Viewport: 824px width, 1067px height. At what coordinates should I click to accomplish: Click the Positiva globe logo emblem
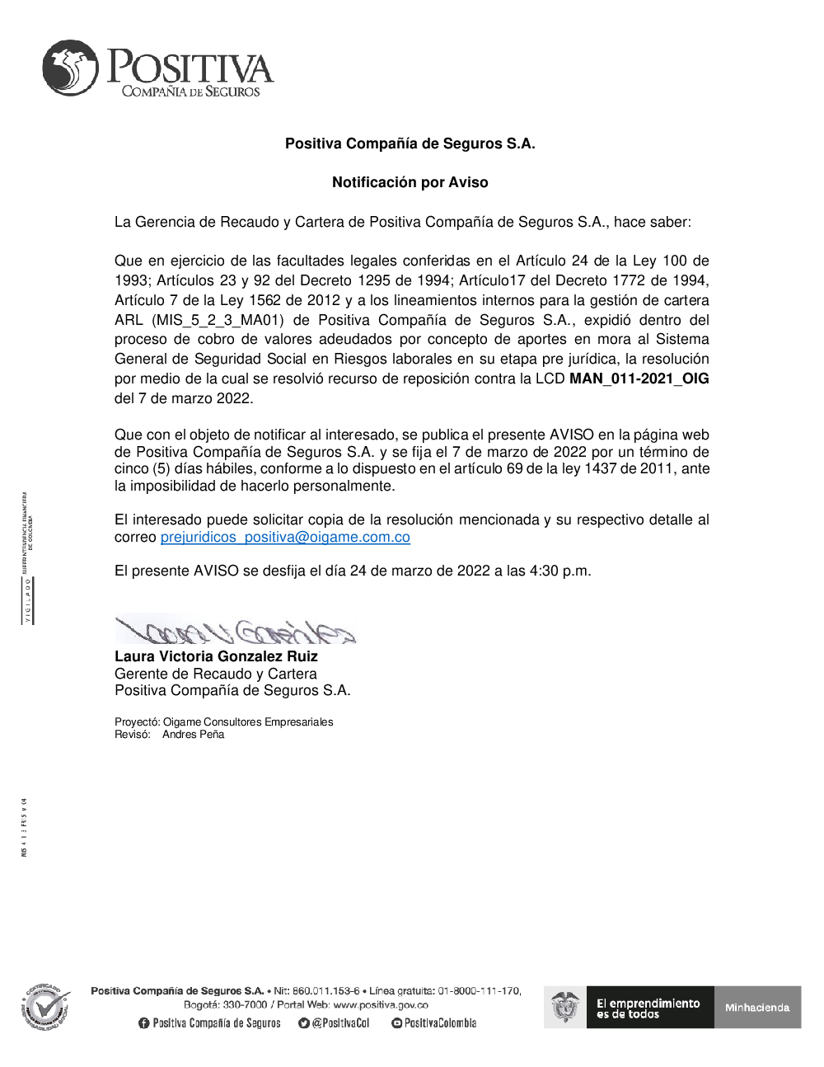70,68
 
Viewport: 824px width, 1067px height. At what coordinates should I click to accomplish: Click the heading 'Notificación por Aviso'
410,182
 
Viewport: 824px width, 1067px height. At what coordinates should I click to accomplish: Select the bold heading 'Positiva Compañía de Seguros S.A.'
410,143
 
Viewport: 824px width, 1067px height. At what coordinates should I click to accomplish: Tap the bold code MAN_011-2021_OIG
639,378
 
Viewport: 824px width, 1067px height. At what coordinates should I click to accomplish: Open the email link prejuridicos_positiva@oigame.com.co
285,537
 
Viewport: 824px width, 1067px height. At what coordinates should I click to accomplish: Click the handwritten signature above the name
235,631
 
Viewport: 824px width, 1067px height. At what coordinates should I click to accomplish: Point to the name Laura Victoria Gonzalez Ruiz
216,656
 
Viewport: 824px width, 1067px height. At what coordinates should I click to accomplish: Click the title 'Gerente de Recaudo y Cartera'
215,674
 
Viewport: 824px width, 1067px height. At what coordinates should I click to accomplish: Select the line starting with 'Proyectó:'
224,722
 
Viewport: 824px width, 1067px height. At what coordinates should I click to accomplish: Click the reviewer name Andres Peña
193,734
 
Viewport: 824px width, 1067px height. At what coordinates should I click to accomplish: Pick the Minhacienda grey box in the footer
757,1007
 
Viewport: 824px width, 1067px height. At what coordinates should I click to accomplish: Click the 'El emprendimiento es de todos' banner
648,1008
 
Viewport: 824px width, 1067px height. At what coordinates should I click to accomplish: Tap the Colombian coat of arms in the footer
564,1007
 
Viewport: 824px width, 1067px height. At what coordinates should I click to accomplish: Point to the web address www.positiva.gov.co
381,1004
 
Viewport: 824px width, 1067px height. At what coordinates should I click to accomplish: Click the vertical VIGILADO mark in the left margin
28,600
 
